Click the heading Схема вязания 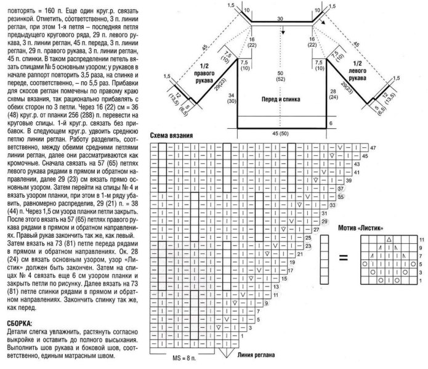[x=174, y=135]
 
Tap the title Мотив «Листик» [x=361, y=227]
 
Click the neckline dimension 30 [x=280, y=20]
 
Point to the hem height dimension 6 [x=330, y=123]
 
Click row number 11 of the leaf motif [x=421, y=238]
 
